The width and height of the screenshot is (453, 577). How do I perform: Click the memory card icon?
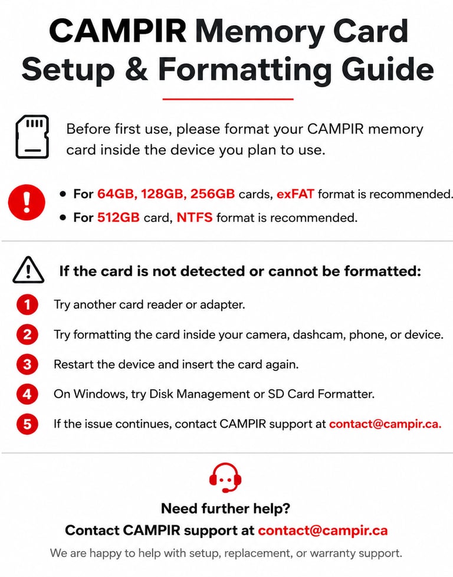tap(32, 136)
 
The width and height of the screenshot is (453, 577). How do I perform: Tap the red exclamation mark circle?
tap(27, 202)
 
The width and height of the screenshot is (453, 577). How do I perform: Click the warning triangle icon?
tap(28, 270)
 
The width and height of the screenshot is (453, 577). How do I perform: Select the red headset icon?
tap(225, 477)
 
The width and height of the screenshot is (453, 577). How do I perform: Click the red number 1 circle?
tap(27, 304)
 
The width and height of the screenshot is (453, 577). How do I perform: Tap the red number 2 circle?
tap(27, 335)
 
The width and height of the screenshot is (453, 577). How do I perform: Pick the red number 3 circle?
tap(27, 364)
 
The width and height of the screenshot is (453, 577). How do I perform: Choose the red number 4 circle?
tap(27, 394)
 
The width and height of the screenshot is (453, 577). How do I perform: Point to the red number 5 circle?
tap(27, 424)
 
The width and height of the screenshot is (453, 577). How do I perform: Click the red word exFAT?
tap(295, 194)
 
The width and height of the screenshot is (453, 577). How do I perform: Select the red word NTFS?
tap(194, 218)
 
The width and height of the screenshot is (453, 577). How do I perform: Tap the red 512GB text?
tap(118, 218)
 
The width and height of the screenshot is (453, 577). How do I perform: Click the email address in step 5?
tap(385, 424)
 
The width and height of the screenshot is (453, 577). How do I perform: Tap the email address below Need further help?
tap(323, 530)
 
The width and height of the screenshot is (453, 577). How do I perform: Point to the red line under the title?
tap(228, 99)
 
